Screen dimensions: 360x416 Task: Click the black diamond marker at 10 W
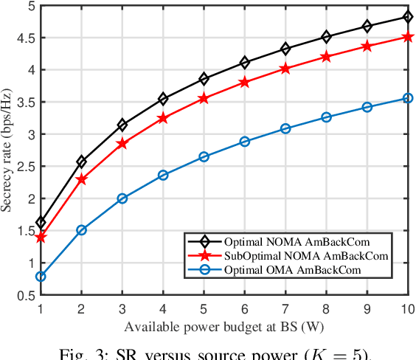407,17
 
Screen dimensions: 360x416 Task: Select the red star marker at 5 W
204,99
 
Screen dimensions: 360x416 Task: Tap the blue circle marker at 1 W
41,277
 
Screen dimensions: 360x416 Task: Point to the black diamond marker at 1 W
41,223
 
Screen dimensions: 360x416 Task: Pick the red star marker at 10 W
407,36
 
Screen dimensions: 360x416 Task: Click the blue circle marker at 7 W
285,128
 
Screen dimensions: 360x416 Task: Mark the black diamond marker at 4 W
163,99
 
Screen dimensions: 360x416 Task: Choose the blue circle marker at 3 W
122,198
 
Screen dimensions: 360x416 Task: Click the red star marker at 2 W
82,179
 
